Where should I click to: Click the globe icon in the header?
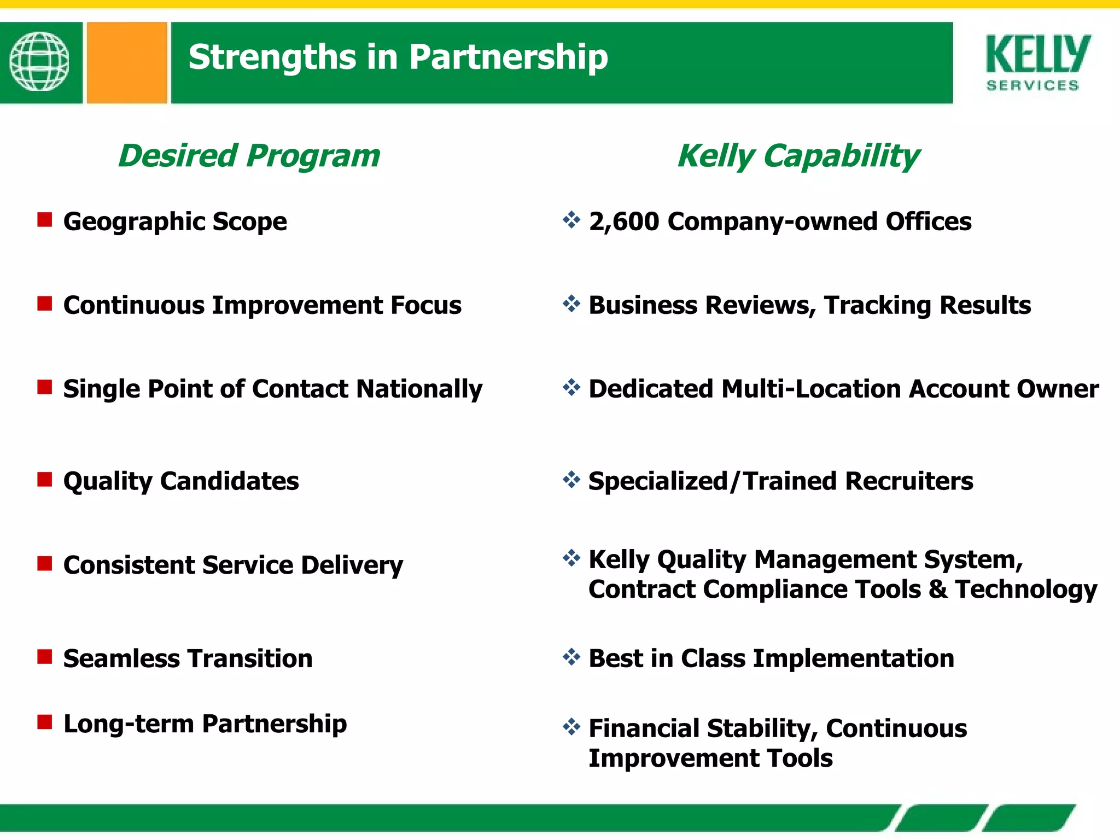coord(39,62)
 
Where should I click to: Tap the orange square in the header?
coord(127,62)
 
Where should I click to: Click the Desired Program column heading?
coord(249,156)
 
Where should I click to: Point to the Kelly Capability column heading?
coord(798,156)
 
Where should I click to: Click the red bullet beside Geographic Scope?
coord(45,220)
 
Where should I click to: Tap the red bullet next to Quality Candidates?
coord(45,480)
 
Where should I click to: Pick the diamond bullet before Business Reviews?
coord(571,304)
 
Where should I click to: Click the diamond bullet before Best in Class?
coord(571,657)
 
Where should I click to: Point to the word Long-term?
coord(129,724)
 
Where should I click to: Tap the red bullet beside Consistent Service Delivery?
coord(45,563)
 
